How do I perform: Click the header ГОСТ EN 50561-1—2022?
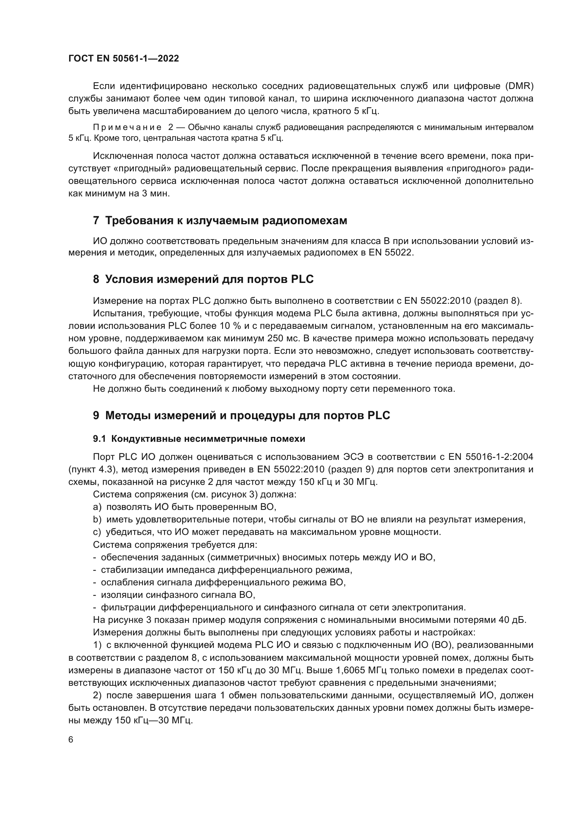tap(123, 58)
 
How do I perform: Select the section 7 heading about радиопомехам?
tap(220, 221)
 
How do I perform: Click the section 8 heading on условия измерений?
tap(203, 279)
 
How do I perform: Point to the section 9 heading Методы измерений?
tap(242, 415)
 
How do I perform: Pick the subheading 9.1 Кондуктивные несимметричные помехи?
tap(199, 439)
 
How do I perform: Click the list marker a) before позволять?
tap(97, 507)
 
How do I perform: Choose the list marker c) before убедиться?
tap(97, 532)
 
